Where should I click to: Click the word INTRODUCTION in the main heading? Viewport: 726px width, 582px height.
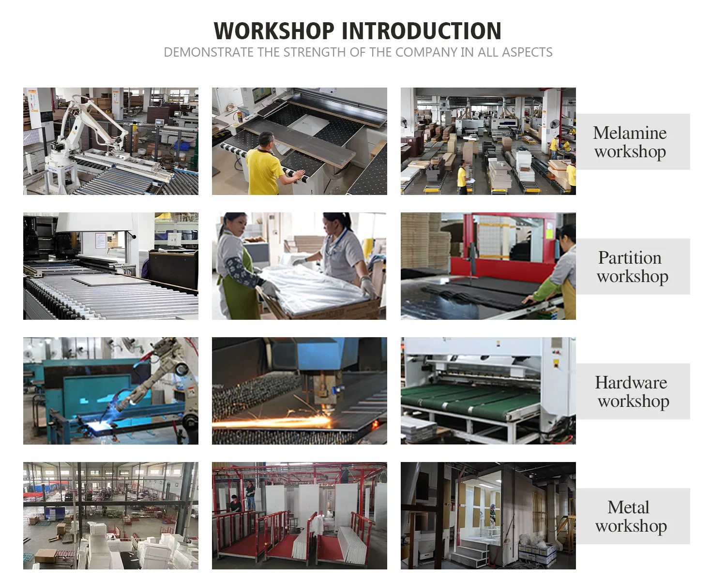(422, 31)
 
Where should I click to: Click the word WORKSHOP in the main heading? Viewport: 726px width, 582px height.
(274, 31)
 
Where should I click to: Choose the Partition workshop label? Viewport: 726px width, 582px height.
(632, 267)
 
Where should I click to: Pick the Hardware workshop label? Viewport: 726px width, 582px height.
(632, 391)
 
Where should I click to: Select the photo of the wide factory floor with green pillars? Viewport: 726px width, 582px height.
(110, 516)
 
